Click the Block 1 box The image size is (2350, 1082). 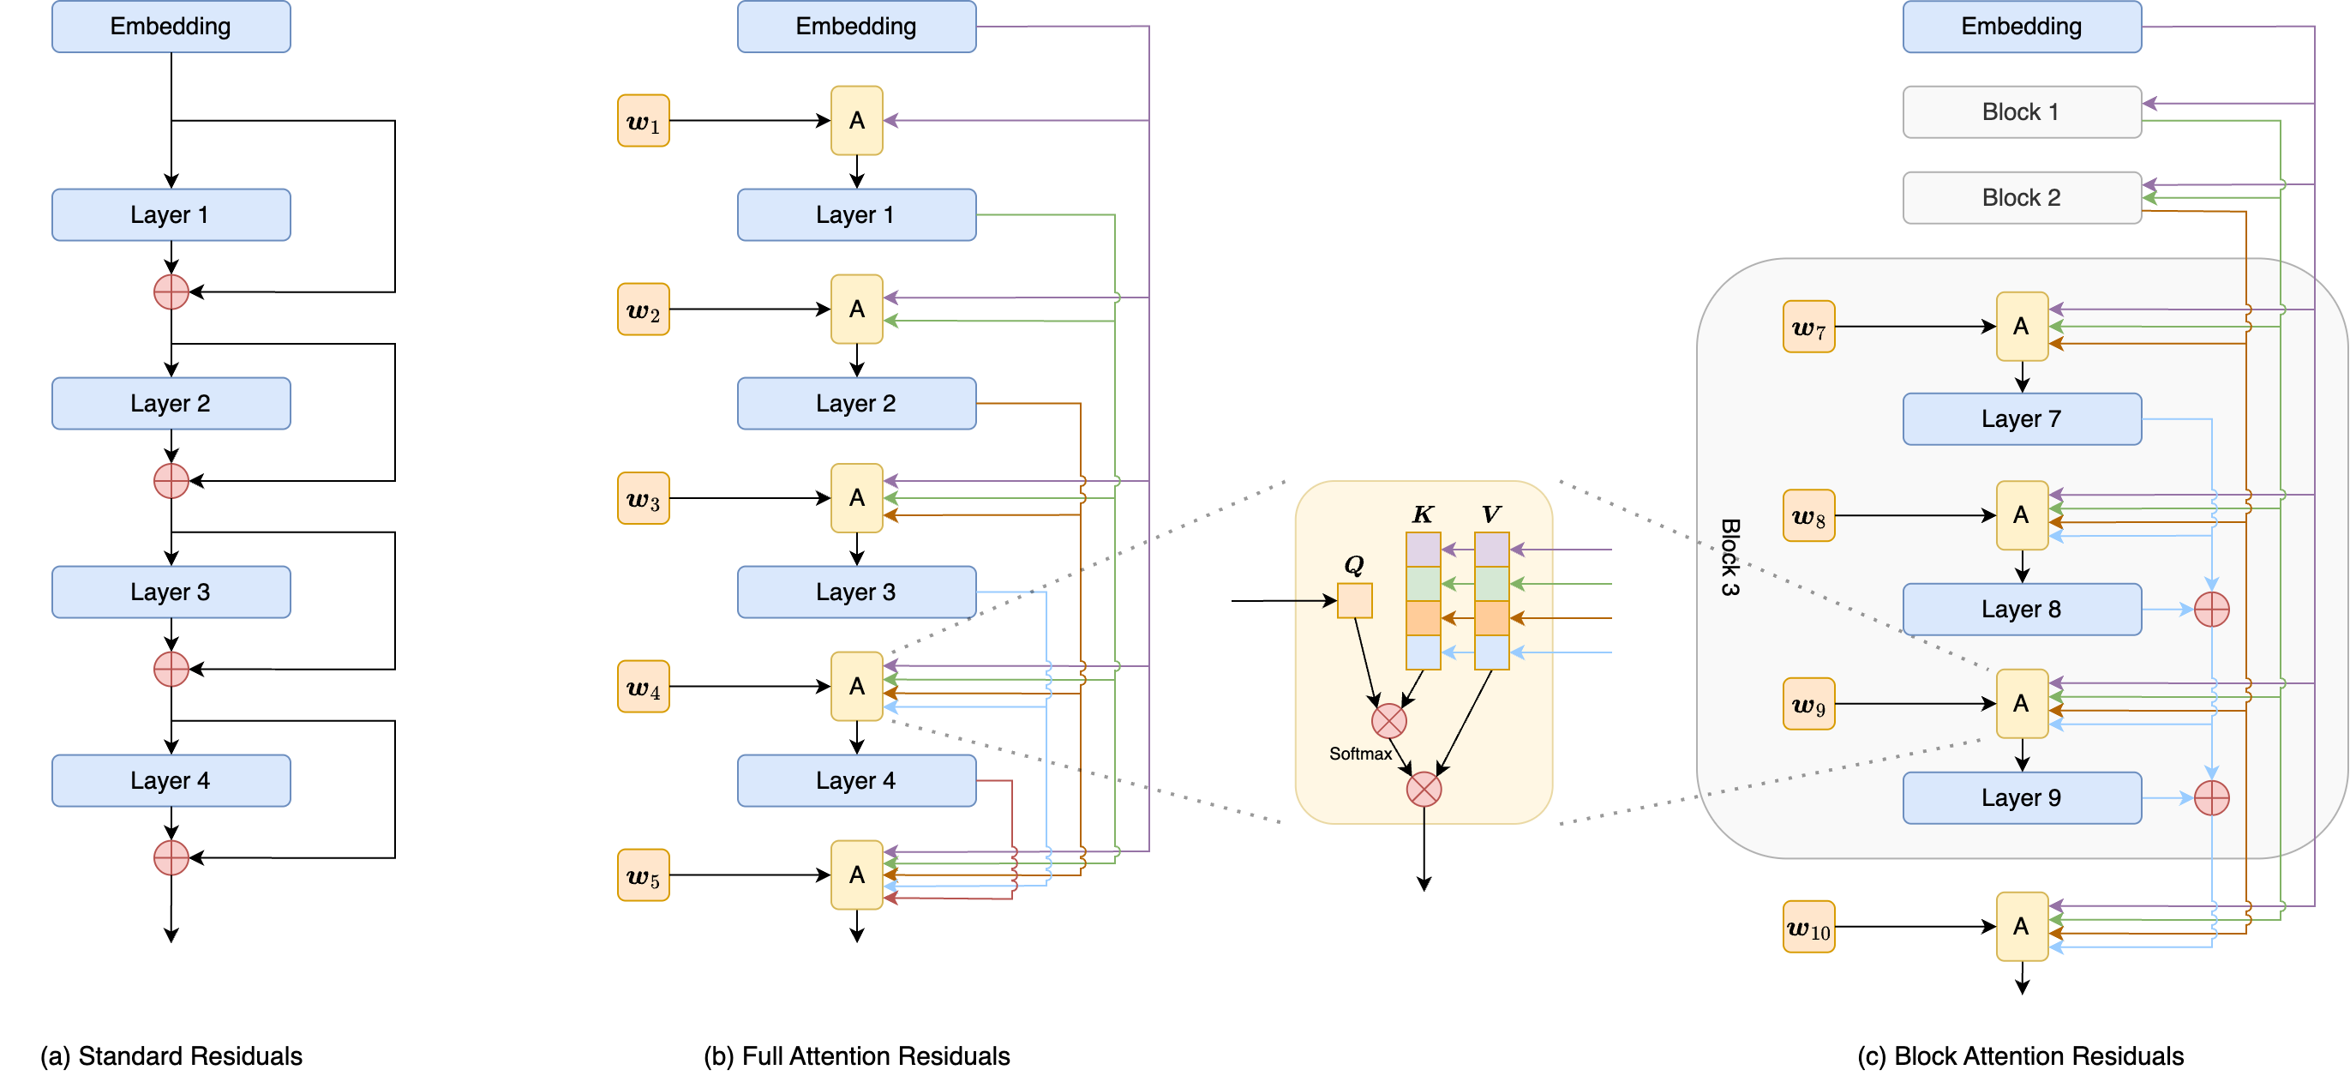point(2021,112)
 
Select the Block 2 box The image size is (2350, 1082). point(2021,198)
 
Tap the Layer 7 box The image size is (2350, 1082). point(2021,419)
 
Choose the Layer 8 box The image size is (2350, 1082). point(2021,610)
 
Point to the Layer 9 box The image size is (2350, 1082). point(2021,798)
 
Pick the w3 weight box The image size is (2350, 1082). point(643,499)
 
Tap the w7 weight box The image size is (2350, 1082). point(1808,328)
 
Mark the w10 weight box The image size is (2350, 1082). point(1808,928)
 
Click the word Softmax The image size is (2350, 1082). point(1360,754)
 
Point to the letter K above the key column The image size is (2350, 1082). point(1422,515)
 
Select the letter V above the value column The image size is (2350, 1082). point(1490,515)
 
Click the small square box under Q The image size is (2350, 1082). point(1355,601)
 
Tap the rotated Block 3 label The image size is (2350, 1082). point(1730,557)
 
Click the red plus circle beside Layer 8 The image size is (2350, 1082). point(2211,610)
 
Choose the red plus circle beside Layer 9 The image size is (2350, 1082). point(2211,798)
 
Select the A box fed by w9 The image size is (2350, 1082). point(2022,704)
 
